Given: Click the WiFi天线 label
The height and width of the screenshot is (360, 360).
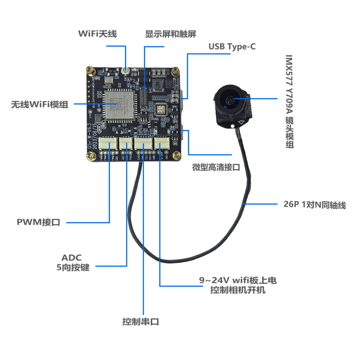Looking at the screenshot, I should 97,34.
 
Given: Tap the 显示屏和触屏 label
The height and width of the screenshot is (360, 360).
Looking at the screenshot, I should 171,34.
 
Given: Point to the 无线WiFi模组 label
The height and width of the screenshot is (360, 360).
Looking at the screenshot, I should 40,105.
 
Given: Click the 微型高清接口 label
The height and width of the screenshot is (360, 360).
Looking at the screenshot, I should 216,167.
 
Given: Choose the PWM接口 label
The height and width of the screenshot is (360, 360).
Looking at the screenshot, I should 38,221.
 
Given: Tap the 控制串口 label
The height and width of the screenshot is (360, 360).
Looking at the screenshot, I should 141,322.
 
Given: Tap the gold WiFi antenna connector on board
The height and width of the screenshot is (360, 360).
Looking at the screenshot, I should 125,71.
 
